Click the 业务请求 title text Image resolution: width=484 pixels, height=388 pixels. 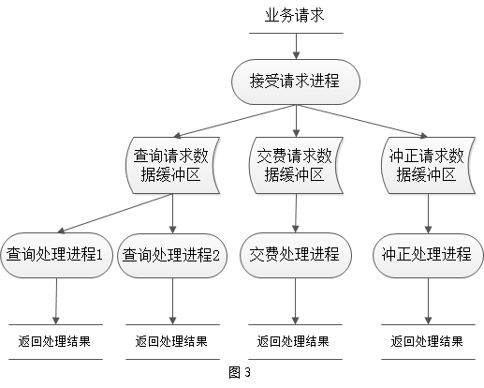(295, 16)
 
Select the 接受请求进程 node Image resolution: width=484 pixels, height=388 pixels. (296, 82)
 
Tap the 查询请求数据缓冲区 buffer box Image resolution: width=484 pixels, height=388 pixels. (172, 165)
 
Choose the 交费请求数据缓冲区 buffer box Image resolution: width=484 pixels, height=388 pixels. (296, 165)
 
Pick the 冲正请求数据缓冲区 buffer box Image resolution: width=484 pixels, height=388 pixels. (428, 165)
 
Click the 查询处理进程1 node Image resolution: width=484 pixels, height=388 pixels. (56, 255)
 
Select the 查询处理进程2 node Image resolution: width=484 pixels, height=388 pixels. (172, 255)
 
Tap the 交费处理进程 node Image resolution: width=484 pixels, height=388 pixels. (296, 255)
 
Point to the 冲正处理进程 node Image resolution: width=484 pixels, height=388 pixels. (428, 255)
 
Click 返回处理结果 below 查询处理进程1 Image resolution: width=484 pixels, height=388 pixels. (54, 341)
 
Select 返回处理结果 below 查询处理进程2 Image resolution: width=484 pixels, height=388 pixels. (171, 341)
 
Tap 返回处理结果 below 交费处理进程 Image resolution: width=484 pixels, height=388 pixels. (293, 341)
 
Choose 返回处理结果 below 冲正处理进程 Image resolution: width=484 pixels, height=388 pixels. (427, 341)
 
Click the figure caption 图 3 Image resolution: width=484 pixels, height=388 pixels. (240, 372)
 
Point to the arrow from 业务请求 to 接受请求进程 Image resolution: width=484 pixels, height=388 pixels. (296, 46)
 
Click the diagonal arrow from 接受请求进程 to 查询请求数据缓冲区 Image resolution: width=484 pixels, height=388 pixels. (235, 121)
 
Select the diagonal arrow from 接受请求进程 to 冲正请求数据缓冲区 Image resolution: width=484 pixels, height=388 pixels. (362, 121)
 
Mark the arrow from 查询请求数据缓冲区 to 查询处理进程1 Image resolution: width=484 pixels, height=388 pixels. (115, 214)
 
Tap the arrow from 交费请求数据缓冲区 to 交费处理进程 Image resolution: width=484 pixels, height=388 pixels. (296, 214)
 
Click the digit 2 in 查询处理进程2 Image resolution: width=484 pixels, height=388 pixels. (216, 256)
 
